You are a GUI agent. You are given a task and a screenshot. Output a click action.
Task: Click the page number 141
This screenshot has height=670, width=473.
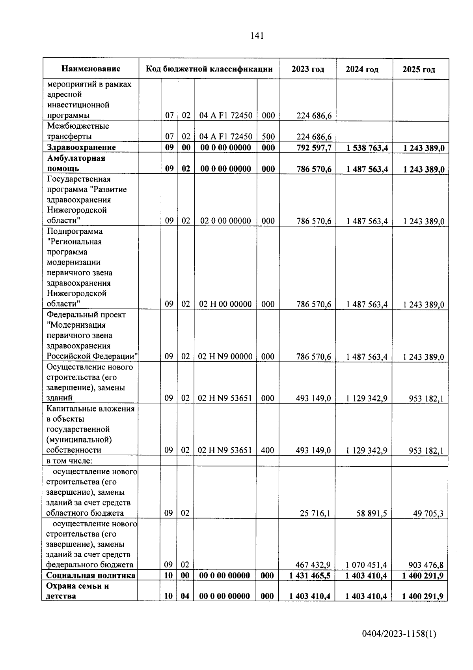[257, 36]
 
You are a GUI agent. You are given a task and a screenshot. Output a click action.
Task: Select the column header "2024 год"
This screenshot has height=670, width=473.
[362, 69]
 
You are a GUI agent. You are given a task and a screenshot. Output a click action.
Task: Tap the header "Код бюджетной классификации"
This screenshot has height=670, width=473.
[209, 69]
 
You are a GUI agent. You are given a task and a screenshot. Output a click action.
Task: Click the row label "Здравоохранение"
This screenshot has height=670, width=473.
[81, 147]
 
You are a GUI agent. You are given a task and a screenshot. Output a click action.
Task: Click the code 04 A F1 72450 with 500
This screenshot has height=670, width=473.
[225, 137]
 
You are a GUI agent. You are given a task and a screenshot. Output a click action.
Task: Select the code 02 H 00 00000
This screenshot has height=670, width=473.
[225, 304]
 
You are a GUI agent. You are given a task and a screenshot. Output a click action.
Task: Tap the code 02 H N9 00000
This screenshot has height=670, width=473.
[225, 357]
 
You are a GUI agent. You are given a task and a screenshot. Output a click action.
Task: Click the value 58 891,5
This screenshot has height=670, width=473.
[372, 513]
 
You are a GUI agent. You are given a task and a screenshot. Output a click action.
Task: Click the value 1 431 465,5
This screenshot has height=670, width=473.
[310, 576]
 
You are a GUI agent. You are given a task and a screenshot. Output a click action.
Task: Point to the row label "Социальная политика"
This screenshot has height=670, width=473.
[91, 575]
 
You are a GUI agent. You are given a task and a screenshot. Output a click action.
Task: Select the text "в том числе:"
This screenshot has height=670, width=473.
[69, 461]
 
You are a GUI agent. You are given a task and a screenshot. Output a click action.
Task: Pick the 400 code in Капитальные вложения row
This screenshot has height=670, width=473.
[268, 450]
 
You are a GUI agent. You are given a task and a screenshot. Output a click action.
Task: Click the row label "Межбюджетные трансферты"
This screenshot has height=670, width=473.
[78, 131]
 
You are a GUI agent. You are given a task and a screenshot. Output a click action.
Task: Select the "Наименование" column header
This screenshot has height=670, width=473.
[91, 69]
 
